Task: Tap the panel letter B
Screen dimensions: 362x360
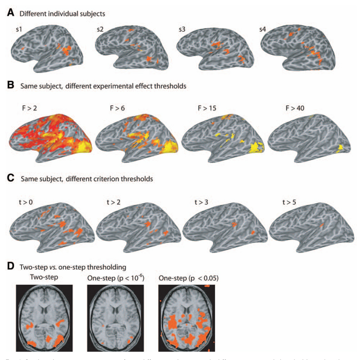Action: click(x=11, y=86)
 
